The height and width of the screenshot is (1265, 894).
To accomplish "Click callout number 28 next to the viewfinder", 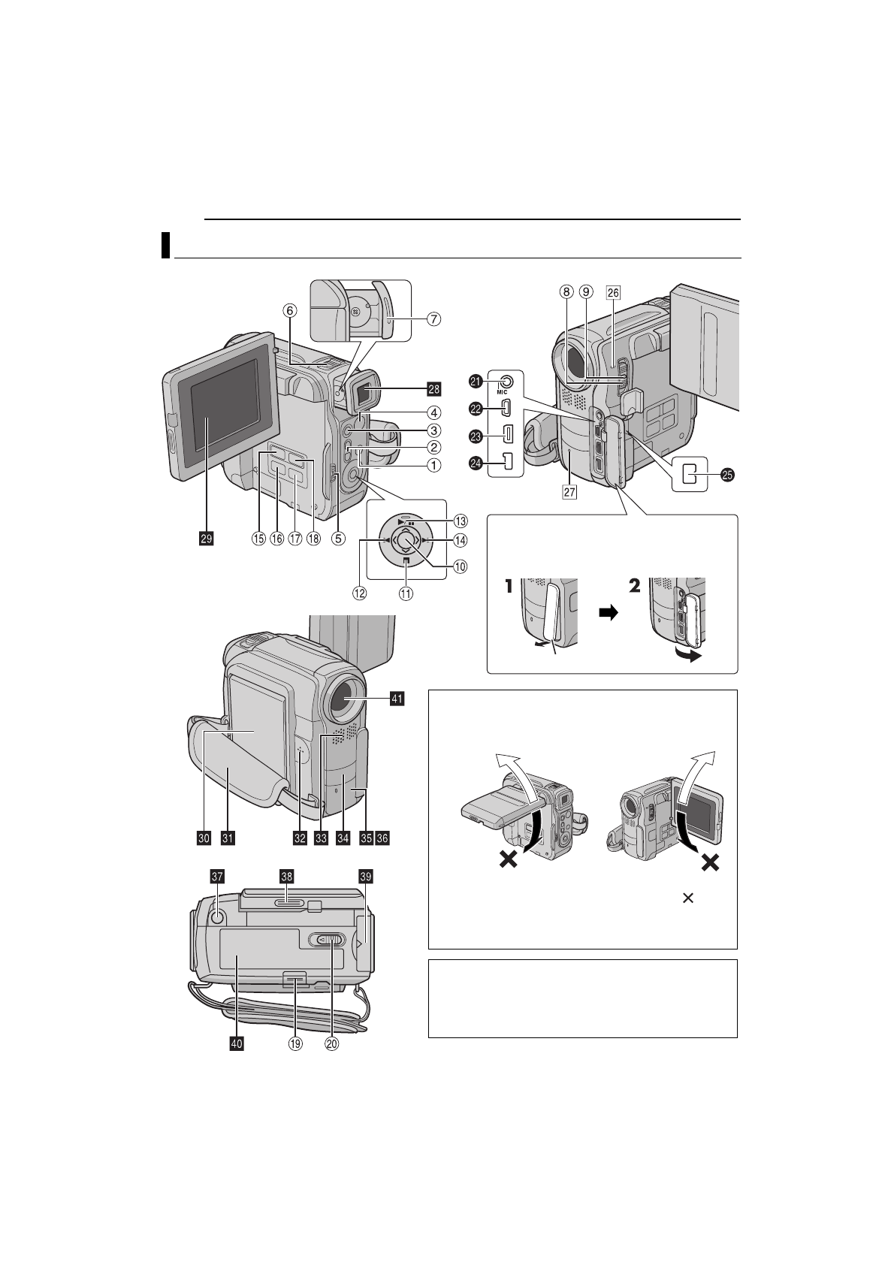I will point(433,388).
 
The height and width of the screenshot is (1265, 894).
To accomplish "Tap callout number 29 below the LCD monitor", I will point(206,538).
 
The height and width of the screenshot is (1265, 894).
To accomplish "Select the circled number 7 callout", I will point(433,319).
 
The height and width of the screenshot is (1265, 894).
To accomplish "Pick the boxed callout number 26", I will point(612,293).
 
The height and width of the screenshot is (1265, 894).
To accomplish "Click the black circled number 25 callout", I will point(726,474).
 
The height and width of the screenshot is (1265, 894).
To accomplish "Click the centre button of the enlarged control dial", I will point(406,540).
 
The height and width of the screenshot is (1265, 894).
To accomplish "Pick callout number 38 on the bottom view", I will point(286,876).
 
